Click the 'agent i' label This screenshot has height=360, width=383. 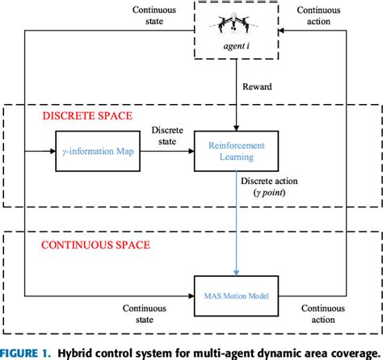235,57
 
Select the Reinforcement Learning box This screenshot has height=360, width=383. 235,148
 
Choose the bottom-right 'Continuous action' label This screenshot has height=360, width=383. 323,313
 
